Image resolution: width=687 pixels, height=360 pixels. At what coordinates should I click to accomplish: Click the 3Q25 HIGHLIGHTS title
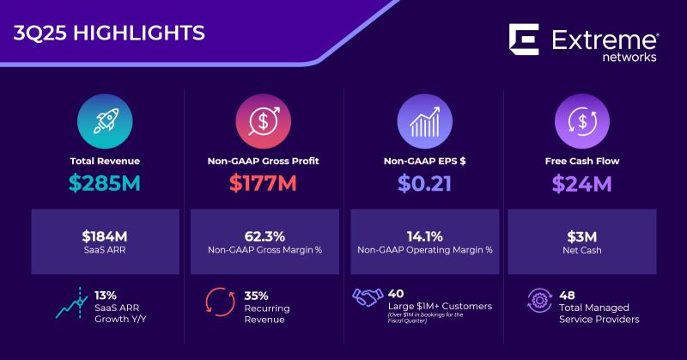coord(110,34)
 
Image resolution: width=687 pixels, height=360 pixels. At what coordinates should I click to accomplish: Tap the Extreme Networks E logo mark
coord(523,40)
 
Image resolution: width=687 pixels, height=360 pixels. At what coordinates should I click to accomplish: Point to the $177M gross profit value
coord(263,185)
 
